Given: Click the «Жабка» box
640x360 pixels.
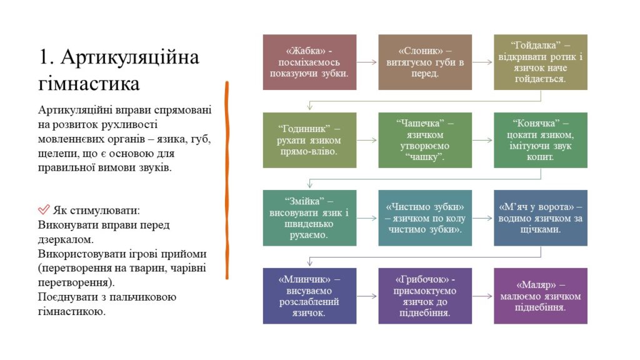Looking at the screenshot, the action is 309,62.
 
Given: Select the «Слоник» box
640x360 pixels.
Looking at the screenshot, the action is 425,62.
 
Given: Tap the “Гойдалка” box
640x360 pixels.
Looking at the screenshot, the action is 541,62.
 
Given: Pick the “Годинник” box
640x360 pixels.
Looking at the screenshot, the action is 309,140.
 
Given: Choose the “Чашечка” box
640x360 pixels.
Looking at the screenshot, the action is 425,140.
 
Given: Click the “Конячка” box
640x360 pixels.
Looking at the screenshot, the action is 541,140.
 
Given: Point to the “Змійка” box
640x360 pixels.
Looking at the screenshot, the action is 309,218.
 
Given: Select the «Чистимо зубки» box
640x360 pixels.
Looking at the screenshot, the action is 425,218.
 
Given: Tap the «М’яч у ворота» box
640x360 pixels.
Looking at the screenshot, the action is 541,218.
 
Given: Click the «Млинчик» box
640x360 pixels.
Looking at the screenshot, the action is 309,296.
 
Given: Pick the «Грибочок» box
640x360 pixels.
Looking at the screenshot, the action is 425,296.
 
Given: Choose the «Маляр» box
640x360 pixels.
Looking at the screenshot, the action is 541,296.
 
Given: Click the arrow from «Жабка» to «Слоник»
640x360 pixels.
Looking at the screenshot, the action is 367,62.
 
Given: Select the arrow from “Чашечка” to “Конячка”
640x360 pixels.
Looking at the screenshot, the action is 482,140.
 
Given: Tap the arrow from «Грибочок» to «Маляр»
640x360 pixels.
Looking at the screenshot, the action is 482,296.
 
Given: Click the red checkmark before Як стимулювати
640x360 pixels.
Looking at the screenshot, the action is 44,209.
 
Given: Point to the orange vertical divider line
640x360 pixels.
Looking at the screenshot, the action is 227,180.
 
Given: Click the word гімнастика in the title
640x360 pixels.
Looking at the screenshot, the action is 89,84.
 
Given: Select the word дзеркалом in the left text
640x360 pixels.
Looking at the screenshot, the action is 65,239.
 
